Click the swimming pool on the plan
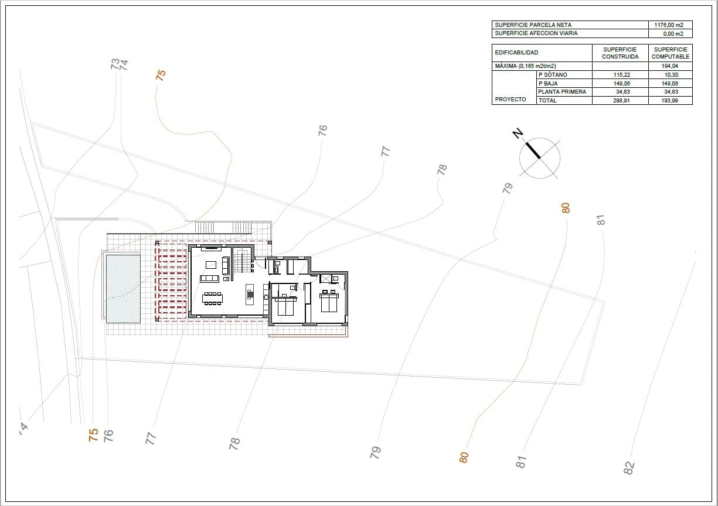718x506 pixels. (x=123, y=287)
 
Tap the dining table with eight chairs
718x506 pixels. (x=212, y=298)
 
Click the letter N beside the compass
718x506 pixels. (x=518, y=134)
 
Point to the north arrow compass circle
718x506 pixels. (x=540, y=158)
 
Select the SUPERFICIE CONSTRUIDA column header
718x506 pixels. (x=620, y=53)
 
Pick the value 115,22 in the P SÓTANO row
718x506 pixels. (x=620, y=75)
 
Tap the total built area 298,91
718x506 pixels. (x=620, y=101)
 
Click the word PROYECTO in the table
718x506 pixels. (x=511, y=100)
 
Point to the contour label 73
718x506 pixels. (x=115, y=63)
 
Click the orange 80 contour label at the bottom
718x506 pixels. (x=464, y=457)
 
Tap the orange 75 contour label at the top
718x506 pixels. (x=161, y=74)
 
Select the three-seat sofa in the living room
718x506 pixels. (x=209, y=278)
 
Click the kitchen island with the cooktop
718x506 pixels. (x=250, y=295)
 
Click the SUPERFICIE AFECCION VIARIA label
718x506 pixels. (x=536, y=33)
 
